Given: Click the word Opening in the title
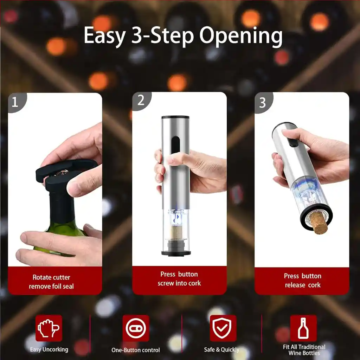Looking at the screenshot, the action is coord(241,36).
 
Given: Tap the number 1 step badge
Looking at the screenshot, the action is coord(16,102).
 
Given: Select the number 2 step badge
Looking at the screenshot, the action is coord(141,101).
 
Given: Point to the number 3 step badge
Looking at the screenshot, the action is coord(263,102).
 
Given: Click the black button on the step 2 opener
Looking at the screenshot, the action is coord(176,144).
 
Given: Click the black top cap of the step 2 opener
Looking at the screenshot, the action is coord(175,117).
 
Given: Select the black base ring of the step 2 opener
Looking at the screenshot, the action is coord(176,253).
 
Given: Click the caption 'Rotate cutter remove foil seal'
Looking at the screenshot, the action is coord(51,282).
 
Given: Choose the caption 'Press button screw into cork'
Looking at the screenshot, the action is coord(179,279).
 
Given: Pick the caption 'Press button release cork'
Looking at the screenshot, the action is coord(303,280).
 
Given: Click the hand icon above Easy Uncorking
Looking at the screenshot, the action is coord(49,328).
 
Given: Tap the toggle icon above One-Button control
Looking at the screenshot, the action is coord(136,328).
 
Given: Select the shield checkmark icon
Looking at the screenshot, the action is coord(222,328).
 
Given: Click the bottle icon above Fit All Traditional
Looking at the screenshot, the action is coord(303,328).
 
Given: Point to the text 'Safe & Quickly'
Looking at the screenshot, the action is coord(221,350).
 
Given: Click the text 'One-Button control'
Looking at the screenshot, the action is coord(135,350).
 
